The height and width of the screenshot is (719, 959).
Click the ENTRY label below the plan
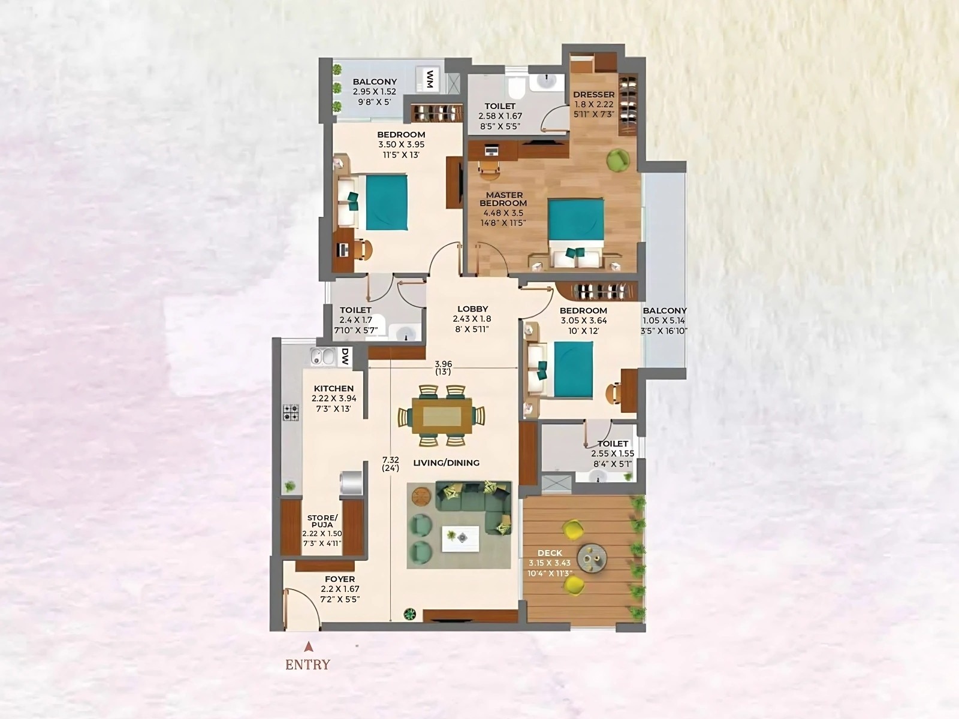pos(307,664)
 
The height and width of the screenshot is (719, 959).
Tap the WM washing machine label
pos(430,79)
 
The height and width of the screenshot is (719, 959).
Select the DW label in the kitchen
pos(345,358)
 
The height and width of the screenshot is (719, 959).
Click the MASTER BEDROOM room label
pos(504,199)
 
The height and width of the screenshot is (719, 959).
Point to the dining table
pos(442,415)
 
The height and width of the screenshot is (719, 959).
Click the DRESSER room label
pos(593,95)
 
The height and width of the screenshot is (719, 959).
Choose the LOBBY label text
pos(472,309)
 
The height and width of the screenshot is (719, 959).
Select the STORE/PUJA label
pos(322,521)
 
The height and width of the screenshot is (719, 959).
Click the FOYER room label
pos(340,579)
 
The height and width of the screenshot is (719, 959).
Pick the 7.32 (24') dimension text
pos(391,464)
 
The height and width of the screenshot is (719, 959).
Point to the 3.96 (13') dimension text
pos(443,368)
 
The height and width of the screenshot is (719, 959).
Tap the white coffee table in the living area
pos(460,538)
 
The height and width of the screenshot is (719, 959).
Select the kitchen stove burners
pos(291,412)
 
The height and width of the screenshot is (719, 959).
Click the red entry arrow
pos(308,647)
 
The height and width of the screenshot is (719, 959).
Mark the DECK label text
pos(550,553)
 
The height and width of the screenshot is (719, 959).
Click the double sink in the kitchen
pos(322,357)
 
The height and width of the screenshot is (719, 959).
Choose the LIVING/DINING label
pos(446,463)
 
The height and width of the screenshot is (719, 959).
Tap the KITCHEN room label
pos(334,389)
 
